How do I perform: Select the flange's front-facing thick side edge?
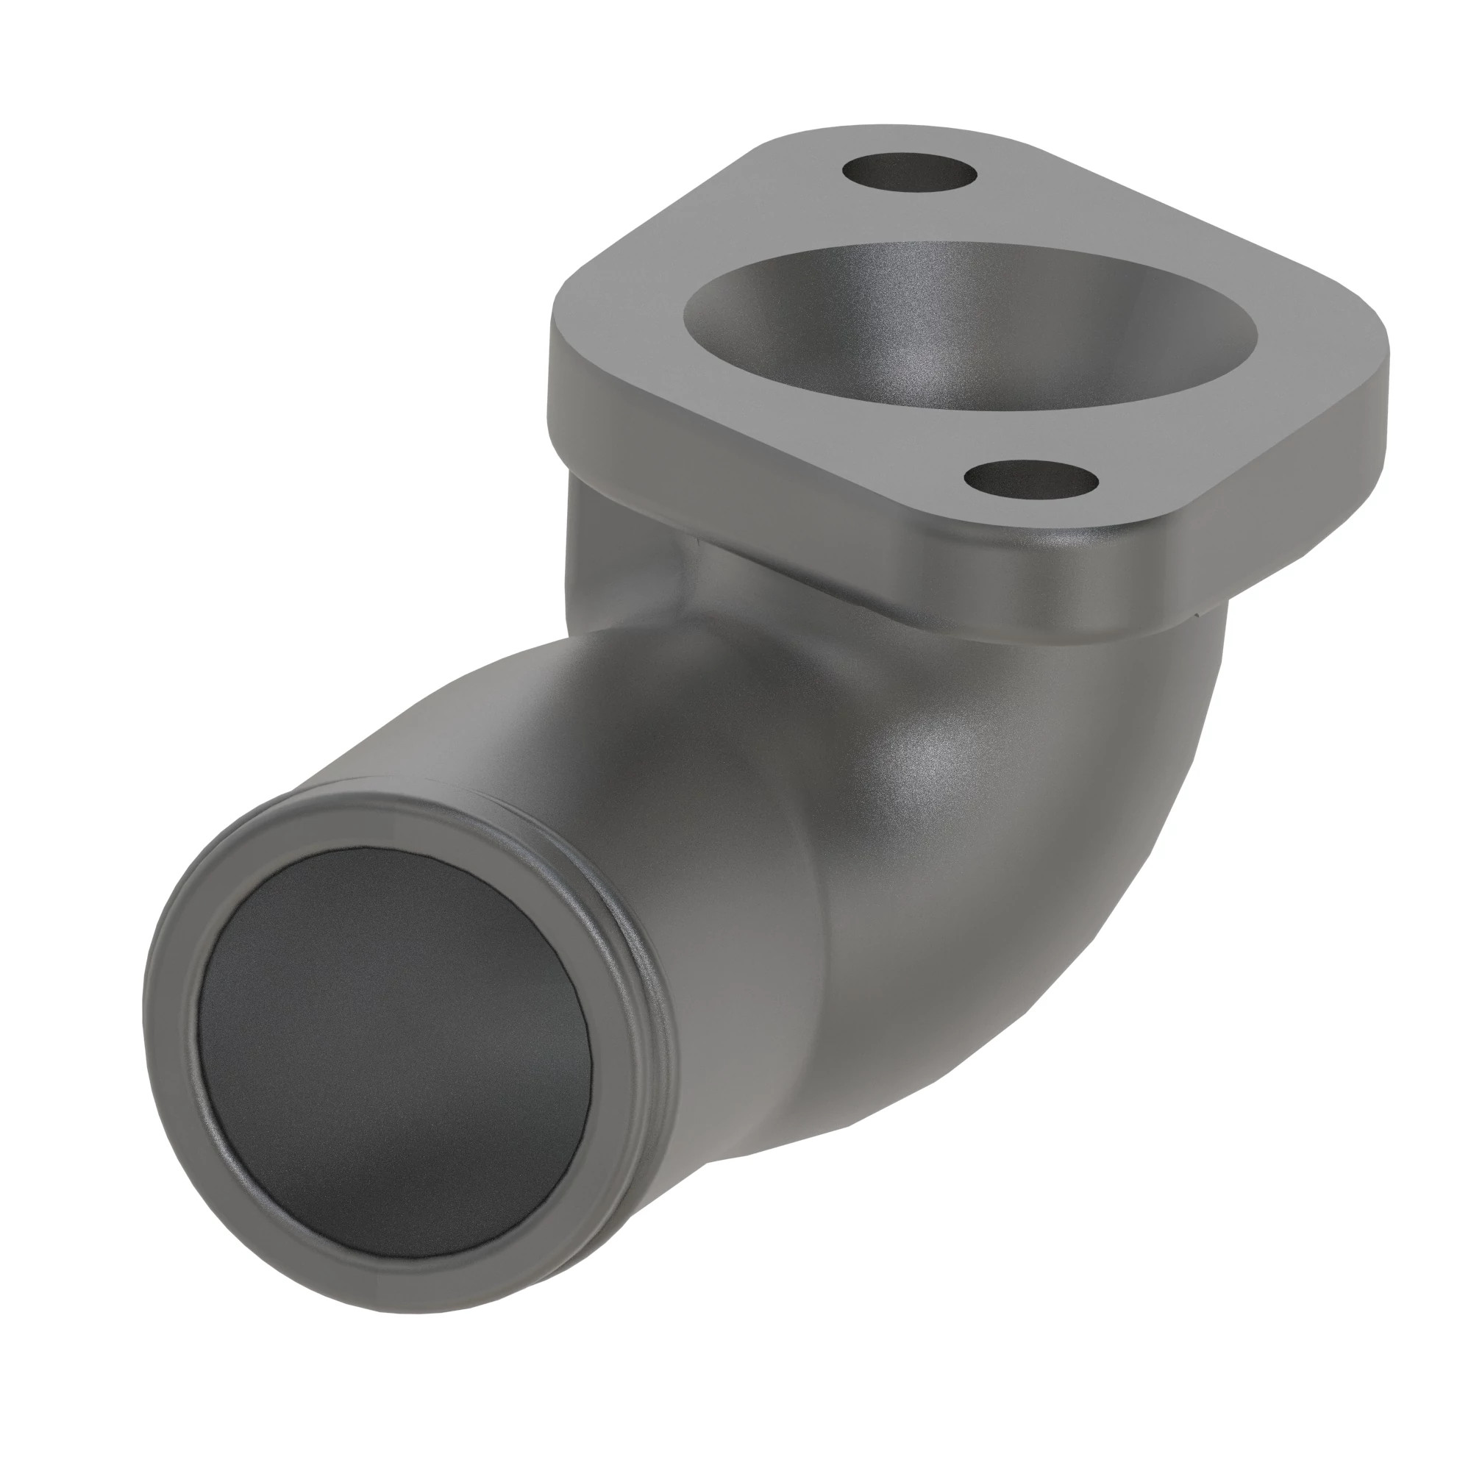761,472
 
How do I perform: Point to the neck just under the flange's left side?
602,533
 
